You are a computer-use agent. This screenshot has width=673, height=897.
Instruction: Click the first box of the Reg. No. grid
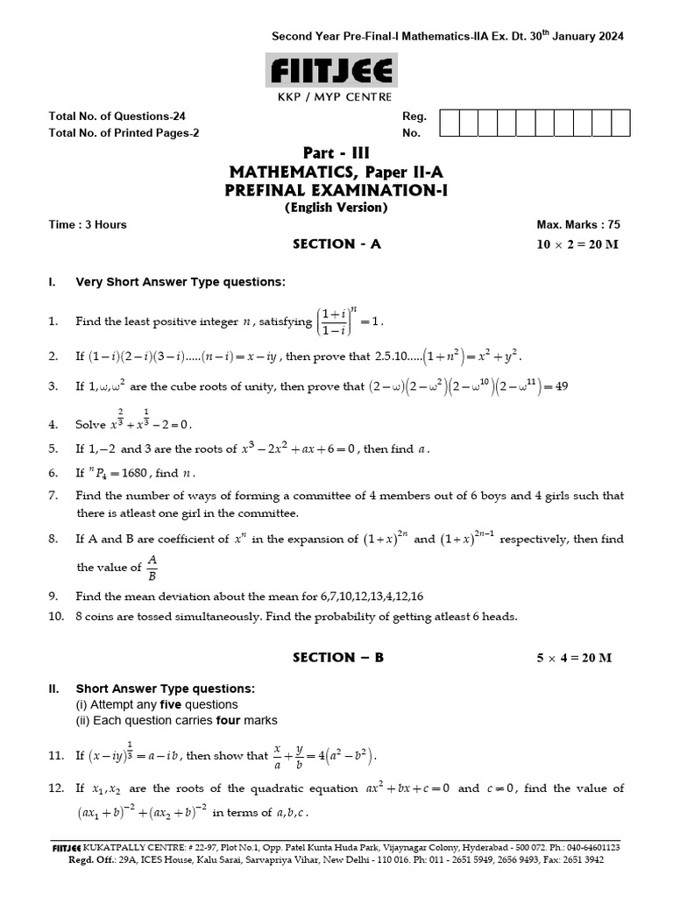[448, 124]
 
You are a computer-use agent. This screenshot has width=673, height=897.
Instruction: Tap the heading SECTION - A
[336, 244]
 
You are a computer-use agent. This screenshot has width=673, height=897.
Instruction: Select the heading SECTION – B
[337, 657]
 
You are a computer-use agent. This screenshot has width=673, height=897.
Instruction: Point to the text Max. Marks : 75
[579, 224]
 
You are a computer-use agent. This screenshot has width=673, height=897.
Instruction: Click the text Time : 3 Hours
[88, 224]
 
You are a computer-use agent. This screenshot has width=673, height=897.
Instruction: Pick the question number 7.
[53, 496]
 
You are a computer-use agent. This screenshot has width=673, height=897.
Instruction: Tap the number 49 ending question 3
[561, 385]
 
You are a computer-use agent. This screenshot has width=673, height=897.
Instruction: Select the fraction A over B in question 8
[152, 567]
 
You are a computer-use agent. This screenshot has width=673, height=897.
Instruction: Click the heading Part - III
[336, 152]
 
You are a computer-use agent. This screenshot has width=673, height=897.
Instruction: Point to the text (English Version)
[336, 208]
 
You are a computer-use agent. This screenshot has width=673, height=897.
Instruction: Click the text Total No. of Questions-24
[117, 117]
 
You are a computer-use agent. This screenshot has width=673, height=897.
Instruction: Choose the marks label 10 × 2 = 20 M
[577, 244]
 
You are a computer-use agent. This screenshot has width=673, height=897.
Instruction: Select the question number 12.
[56, 788]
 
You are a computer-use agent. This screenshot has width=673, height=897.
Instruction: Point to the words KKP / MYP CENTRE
[336, 96]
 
